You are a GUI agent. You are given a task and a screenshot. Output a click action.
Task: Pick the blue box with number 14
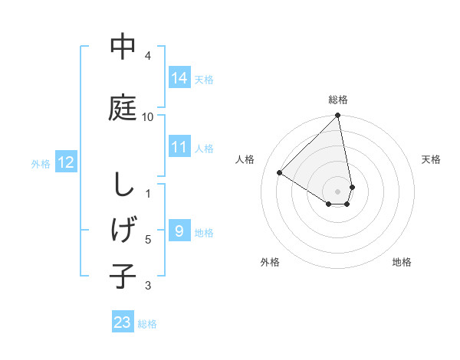pos(179,77)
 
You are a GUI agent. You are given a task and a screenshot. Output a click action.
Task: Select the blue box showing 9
pos(179,231)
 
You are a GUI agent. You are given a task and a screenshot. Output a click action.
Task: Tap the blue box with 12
pos(66,162)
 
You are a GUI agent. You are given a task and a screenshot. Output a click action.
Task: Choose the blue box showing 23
pos(123,322)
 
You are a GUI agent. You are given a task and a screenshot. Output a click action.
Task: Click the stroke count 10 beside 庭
pos(148,116)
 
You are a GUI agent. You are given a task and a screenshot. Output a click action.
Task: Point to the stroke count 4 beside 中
pos(148,56)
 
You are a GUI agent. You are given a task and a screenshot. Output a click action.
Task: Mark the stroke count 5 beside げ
pos(148,240)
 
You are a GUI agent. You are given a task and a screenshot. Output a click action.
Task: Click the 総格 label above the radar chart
pos(338,100)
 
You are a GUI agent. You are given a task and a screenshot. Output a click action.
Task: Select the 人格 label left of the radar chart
pos(245,159)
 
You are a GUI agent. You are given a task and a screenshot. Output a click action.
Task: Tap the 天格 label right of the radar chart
pos(431,159)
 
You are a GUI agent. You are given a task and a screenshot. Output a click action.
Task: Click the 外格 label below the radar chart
pos(270,262)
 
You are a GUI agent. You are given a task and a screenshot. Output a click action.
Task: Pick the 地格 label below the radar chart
pos(402,262)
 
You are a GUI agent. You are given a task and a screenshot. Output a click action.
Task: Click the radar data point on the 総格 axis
pos(338,116)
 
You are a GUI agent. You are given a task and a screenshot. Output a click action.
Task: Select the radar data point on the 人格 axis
pos(279,172)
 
